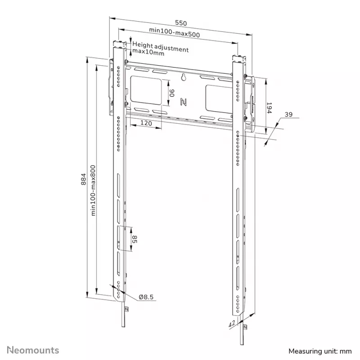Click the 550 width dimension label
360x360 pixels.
click(x=181, y=23)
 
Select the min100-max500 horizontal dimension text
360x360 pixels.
click(x=175, y=32)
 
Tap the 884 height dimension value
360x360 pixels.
click(x=84, y=179)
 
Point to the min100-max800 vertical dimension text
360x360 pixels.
click(x=93, y=190)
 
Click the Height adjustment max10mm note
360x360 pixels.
click(x=160, y=49)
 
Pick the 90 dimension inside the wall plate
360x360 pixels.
click(x=172, y=93)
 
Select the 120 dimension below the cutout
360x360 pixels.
click(x=146, y=123)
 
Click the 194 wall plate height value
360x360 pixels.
click(x=269, y=108)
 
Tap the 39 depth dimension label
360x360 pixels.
click(x=288, y=114)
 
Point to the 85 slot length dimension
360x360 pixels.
click(x=135, y=239)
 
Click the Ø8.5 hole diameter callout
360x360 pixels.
click(x=146, y=297)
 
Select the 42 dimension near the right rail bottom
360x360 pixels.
click(x=232, y=324)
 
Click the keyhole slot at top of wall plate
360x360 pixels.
click(x=184, y=77)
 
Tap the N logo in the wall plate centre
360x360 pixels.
click(x=183, y=102)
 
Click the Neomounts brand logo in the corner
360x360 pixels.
click(x=33, y=350)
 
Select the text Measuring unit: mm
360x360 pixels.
click(x=320, y=351)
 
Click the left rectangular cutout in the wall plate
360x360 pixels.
click(x=146, y=91)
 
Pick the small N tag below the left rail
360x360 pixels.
click(x=126, y=309)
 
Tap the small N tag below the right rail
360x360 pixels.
click(x=245, y=327)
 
